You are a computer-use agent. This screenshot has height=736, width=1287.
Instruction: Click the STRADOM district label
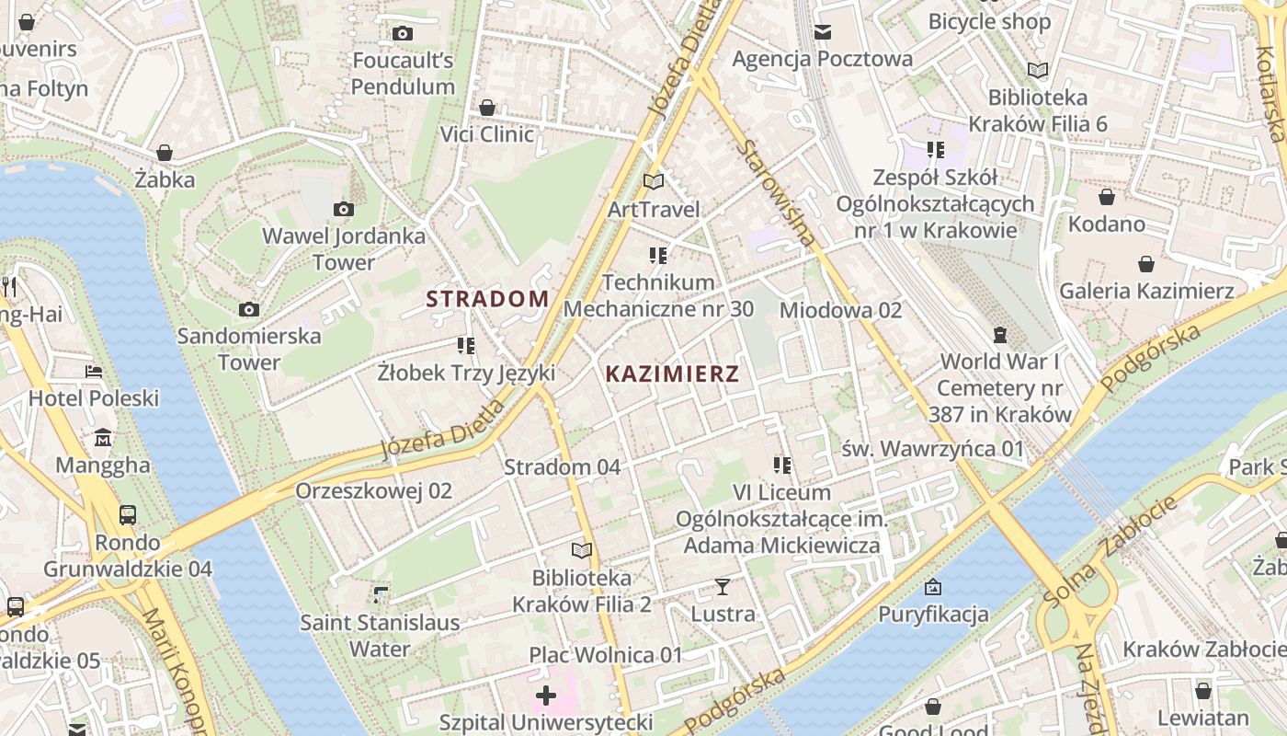point(487,298)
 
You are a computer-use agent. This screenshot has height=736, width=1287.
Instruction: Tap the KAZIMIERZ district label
point(672,374)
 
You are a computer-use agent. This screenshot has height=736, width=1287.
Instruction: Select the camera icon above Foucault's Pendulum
point(402,34)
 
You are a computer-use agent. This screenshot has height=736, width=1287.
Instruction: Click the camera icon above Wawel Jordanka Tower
point(344,210)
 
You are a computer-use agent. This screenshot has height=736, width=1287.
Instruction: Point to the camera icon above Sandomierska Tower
point(248,309)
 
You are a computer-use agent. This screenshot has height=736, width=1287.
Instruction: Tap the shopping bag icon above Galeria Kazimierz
point(1146,265)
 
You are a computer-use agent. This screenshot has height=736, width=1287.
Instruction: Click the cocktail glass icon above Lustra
point(723,586)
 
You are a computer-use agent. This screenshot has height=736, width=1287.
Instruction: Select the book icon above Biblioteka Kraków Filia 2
point(581,550)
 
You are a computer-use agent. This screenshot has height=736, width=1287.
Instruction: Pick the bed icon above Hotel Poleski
point(94,372)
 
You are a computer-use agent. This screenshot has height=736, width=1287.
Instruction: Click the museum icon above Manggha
point(103,437)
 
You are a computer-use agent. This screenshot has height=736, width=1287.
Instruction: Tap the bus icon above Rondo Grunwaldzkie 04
point(128,514)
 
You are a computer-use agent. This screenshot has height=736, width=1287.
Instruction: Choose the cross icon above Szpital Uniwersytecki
point(546,695)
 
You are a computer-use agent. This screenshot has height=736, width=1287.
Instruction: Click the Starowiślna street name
point(777,193)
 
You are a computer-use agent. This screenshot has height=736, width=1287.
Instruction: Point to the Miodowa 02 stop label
point(840,310)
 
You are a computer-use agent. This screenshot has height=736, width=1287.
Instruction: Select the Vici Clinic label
point(486,134)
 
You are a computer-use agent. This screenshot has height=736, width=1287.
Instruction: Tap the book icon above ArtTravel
point(654,182)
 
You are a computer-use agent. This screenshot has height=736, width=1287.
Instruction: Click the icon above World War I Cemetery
point(1000,334)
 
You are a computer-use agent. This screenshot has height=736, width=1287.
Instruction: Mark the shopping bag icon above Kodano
point(1107,197)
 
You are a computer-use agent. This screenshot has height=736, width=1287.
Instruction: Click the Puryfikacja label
point(933,614)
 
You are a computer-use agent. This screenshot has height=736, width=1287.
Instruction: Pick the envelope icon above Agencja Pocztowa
point(822,32)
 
